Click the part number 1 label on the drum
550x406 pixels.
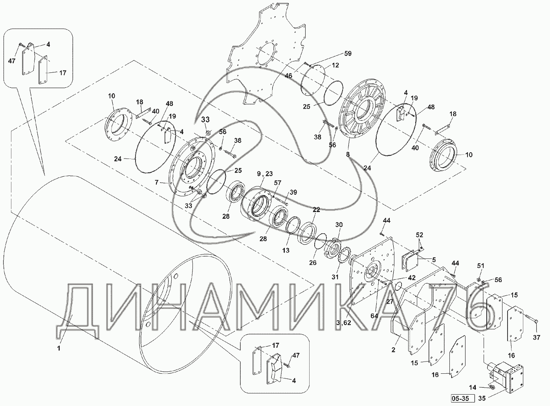59,347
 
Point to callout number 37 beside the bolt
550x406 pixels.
536,337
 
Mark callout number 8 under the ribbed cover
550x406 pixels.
347,155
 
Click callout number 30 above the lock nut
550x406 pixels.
339,224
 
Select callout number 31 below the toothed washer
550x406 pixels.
334,277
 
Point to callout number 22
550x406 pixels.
316,210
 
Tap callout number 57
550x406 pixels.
278,183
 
